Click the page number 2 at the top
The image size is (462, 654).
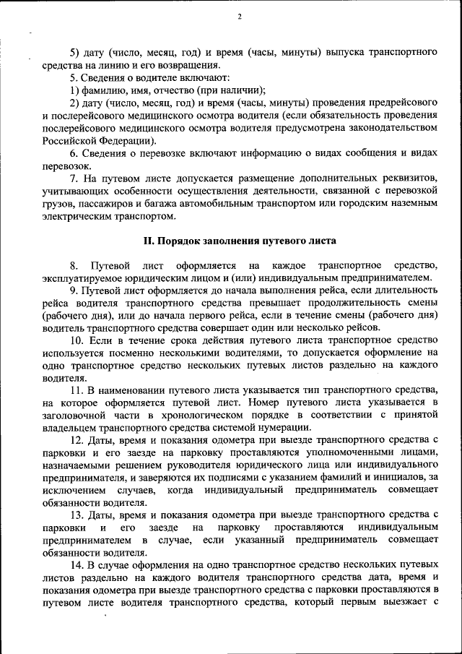[x=239, y=17]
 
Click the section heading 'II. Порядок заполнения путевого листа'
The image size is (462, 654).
[x=238, y=240]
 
